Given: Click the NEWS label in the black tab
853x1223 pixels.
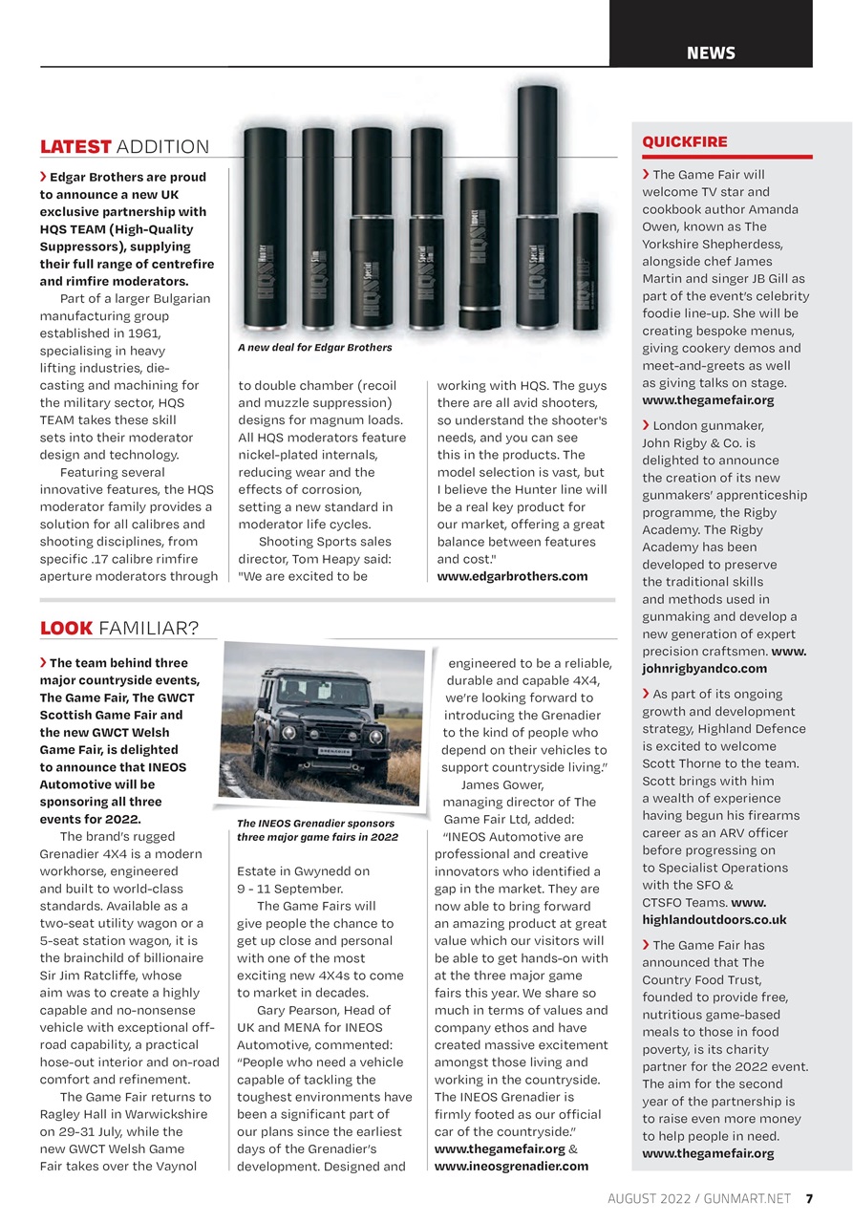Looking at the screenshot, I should [x=711, y=54].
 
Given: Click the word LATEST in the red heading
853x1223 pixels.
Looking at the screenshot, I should [x=75, y=146].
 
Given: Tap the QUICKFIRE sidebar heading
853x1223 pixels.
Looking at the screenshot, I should [x=684, y=141].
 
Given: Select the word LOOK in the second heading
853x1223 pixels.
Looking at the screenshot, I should [x=66, y=628].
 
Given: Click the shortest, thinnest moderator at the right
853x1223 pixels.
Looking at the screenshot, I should [x=585, y=269].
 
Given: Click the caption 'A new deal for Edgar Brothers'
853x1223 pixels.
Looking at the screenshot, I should [x=314, y=347].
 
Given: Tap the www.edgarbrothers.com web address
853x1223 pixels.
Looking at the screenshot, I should [x=512, y=576].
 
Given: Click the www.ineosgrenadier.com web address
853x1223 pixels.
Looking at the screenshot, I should [x=511, y=1166].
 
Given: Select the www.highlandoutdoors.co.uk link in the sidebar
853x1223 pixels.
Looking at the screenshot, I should [x=714, y=919].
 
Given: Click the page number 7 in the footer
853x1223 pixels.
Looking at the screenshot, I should [x=809, y=1198].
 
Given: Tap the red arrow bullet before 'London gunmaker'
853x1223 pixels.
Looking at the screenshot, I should [x=647, y=424].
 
